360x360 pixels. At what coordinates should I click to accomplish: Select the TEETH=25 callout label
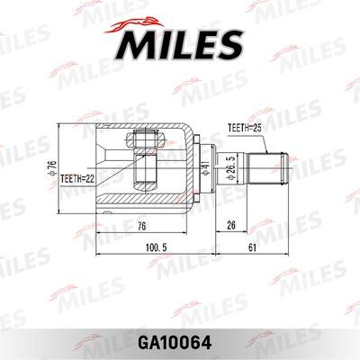click(x=245, y=128)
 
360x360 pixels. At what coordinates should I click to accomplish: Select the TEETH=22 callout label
click(x=77, y=179)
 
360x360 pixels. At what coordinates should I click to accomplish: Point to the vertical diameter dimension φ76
click(x=52, y=168)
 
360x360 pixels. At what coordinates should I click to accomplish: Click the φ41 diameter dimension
click(x=205, y=167)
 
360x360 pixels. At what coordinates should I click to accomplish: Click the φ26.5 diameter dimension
click(x=231, y=168)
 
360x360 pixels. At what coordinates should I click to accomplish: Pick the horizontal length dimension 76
click(x=141, y=226)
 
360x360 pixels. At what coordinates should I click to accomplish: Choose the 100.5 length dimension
click(x=156, y=247)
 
